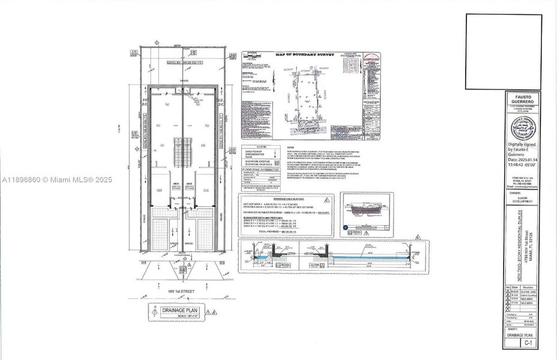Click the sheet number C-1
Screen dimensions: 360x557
528,343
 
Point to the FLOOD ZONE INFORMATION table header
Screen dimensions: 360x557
258,170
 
